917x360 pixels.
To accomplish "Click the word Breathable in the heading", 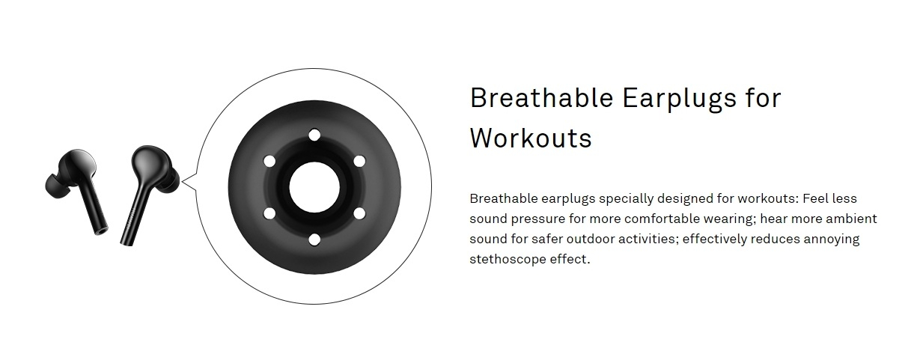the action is (541, 98).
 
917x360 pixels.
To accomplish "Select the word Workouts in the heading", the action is (531, 138).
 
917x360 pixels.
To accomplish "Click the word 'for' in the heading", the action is (764, 98).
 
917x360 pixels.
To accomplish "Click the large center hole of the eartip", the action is (314, 187).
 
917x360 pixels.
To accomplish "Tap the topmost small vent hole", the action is (314, 135).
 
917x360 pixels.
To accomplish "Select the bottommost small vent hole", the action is (314, 240).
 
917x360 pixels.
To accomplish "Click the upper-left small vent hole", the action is (269, 161).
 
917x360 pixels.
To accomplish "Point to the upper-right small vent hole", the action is (359, 161).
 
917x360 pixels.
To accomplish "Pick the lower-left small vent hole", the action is (269, 213).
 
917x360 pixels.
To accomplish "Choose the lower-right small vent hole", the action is (359, 213).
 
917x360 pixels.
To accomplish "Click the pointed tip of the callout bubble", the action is (182, 181).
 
